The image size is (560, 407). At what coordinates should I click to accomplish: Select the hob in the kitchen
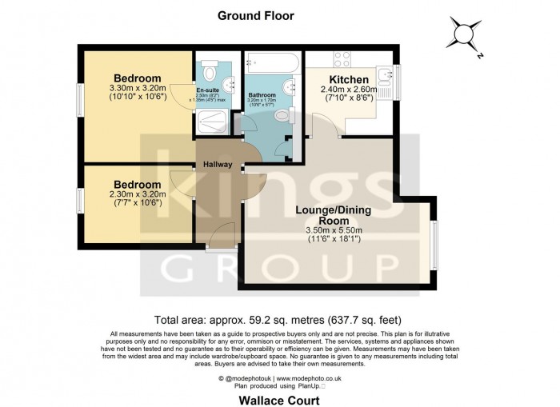click(342, 59)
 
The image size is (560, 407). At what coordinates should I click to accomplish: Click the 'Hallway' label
click(217, 165)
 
